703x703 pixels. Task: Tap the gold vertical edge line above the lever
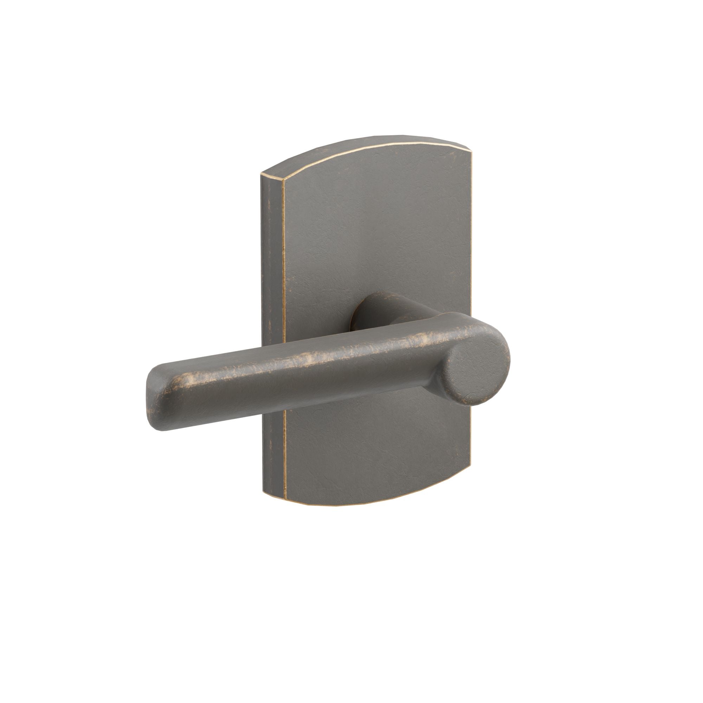pos(283,255)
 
